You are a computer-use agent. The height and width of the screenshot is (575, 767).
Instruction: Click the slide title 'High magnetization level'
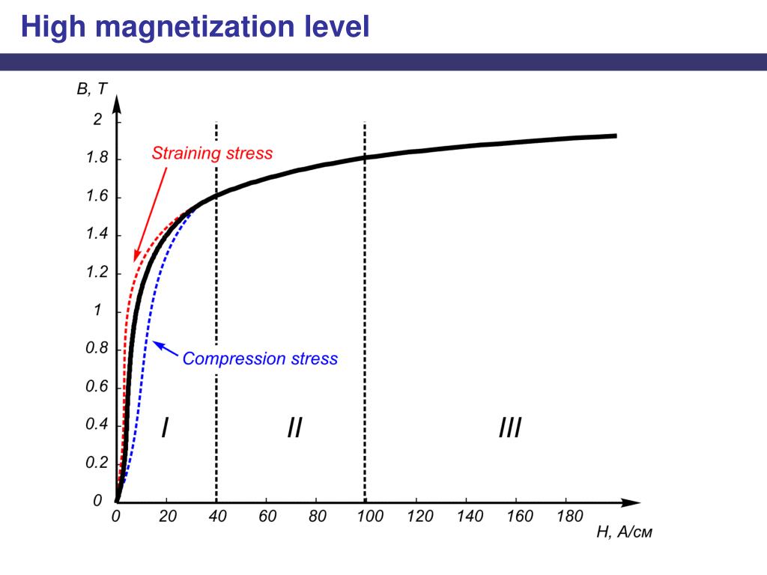tap(195, 28)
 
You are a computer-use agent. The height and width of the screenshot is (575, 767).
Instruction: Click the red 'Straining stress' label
tap(212, 154)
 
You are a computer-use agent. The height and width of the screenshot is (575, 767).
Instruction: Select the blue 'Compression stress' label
tap(260, 359)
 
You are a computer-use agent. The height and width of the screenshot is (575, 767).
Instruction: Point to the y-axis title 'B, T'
tap(92, 90)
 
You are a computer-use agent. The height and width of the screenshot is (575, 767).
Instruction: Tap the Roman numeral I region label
tap(164, 428)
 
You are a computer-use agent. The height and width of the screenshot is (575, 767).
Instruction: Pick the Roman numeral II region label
tap(294, 428)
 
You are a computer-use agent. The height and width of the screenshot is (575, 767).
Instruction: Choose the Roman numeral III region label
tap(509, 428)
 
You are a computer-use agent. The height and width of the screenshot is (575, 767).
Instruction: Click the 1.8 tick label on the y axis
tap(97, 159)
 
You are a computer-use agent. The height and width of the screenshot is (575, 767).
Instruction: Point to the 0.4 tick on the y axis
tap(97, 425)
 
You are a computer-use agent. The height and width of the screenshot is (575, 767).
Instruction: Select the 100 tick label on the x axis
tap(369, 517)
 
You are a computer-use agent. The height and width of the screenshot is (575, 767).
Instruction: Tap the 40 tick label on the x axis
tap(216, 517)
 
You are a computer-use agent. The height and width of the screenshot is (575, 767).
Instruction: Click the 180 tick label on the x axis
tap(569, 517)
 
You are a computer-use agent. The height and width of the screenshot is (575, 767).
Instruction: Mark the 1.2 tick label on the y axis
tap(97, 273)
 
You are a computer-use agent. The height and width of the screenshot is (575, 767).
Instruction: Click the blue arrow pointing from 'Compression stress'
tap(166, 350)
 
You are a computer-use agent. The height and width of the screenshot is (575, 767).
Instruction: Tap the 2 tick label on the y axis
tap(97, 120)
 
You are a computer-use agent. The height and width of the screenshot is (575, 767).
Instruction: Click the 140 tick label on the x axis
tap(469, 517)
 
